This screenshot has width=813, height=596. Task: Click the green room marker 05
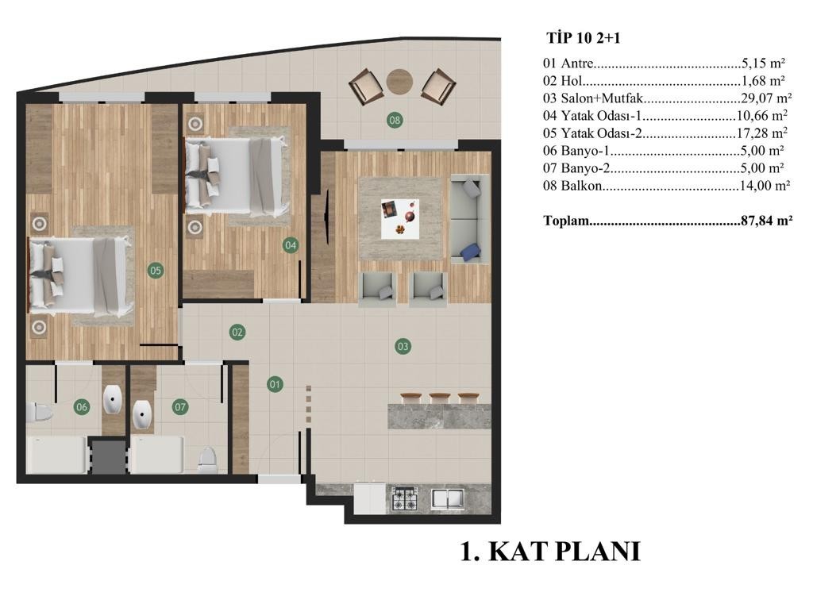[x=156, y=270]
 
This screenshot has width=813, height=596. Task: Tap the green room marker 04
[x=291, y=245]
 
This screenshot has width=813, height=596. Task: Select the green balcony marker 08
[x=395, y=121]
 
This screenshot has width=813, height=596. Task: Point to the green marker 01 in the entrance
[x=275, y=384]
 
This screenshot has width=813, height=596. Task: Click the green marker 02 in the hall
[x=237, y=332]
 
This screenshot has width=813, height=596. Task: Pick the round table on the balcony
[x=400, y=82]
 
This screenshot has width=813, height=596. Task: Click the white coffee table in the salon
[x=400, y=219]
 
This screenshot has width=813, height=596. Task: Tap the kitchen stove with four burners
[x=404, y=499]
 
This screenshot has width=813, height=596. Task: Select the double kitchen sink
[x=448, y=498]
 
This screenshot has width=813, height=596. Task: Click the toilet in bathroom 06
[x=40, y=412]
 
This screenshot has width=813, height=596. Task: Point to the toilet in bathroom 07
[x=207, y=459]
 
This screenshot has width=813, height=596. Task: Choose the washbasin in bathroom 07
[x=141, y=414]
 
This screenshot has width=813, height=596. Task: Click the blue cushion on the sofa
[x=470, y=252]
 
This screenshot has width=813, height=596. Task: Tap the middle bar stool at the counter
[x=440, y=398]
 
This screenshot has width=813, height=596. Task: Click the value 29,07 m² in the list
[x=766, y=98]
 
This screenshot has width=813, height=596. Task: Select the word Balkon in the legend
[x=581, y=186]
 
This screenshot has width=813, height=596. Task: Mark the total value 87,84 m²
[x=767, y=221]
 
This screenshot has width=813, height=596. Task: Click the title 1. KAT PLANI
[x=551, y=551]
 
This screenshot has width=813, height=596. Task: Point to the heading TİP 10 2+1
[x=584, y=38]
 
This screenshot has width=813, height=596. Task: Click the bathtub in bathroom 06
[x=56, y=455]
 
